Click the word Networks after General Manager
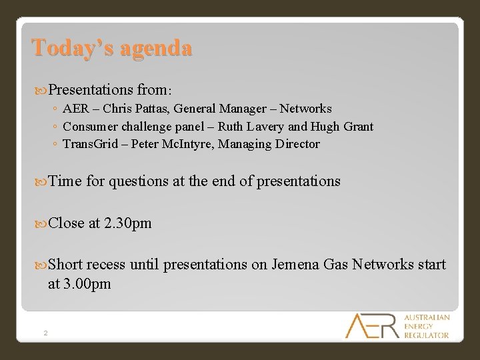pyautogui.click(x=305, y=109)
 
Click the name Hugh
pyautogui.click(x=323, y=127)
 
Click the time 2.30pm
pyautogui.click(x=127, y=223)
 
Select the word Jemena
pyautogui.click(x=295, y=265)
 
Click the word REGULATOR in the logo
pyautogui.click(x=427, y=335)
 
